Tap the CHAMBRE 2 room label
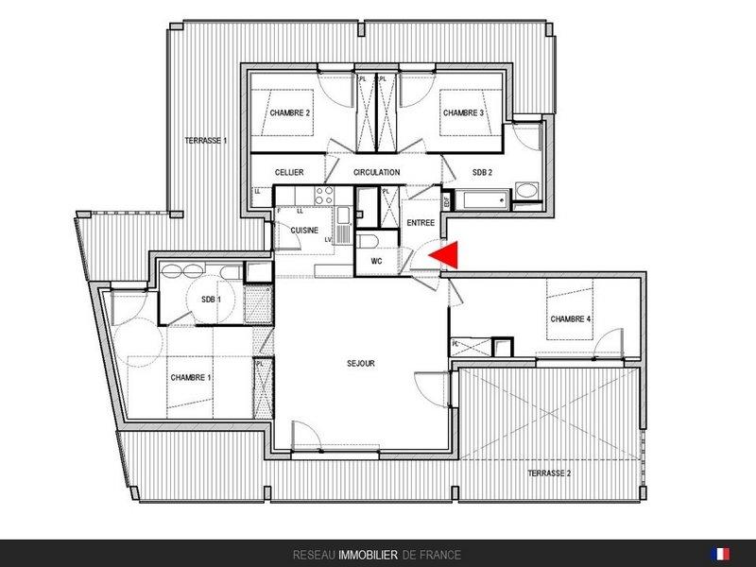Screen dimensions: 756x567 [289, 112]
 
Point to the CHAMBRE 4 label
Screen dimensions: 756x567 [571, 318]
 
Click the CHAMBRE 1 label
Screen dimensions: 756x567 [191, 377]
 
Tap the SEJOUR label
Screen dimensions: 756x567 [361, 363]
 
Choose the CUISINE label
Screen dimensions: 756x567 [304, 230]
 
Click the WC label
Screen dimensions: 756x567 [376, 261]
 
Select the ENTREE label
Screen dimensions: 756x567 [421, 223]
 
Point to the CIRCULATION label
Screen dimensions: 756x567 [376, 172]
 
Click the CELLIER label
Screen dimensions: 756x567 [289, 172]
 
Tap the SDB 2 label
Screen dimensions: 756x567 [482, 172]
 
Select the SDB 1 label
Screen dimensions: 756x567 [211, 300]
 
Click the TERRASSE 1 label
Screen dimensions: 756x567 [206, 141]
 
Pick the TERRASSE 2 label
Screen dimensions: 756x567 [549, 473]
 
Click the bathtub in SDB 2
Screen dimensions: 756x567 [482, 200]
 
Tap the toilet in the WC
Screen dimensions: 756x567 [368, 241]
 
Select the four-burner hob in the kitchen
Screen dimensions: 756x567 [324, 196]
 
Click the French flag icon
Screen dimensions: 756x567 [720, 554]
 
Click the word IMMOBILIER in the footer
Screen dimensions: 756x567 [368, 555]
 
